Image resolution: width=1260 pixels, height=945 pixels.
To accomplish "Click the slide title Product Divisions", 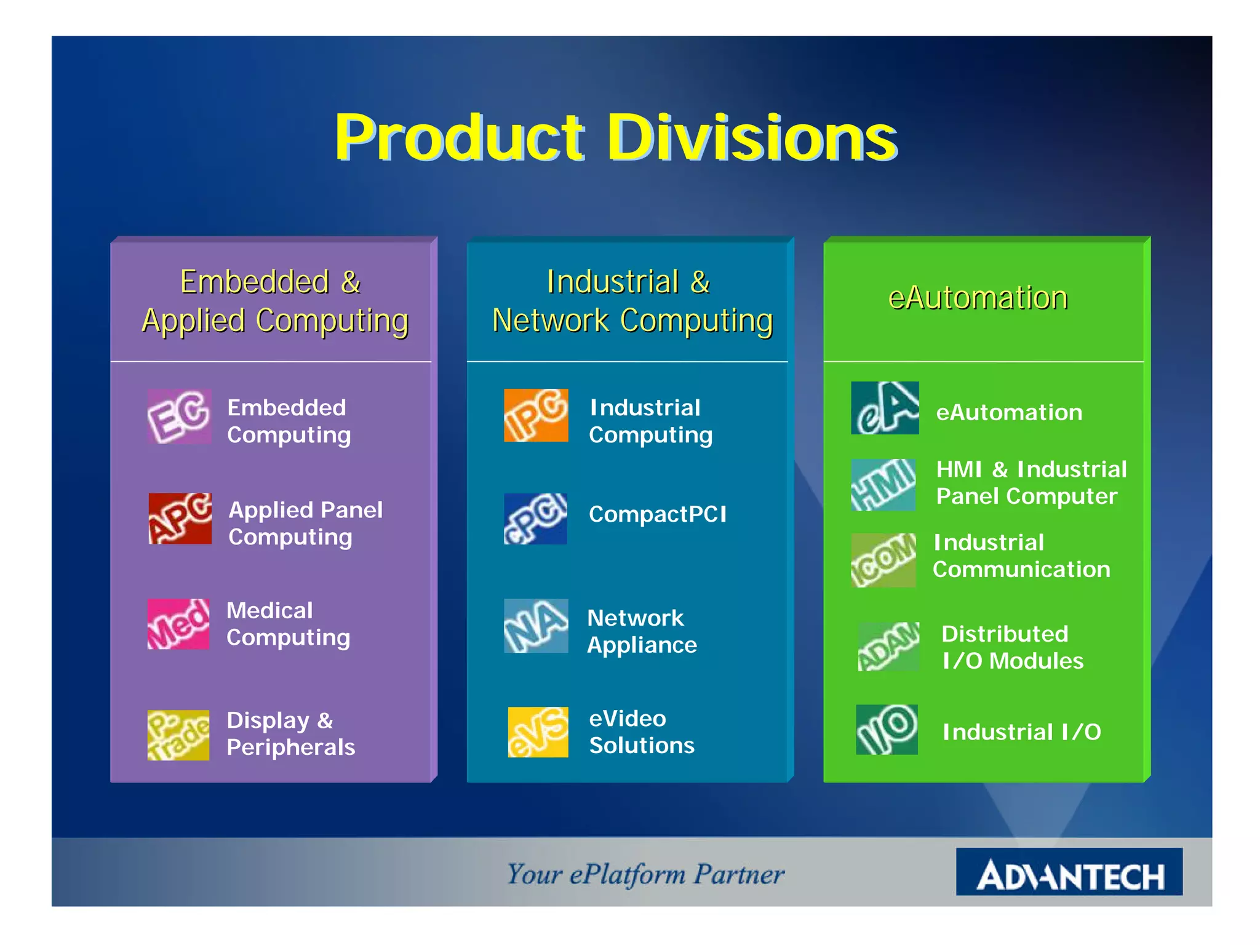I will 615,138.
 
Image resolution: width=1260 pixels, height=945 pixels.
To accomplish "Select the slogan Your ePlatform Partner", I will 645,874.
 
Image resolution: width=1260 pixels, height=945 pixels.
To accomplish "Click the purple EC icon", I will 179,417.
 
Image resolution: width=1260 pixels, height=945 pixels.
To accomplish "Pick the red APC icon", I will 180,518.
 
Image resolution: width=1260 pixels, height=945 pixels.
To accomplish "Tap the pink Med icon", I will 178,624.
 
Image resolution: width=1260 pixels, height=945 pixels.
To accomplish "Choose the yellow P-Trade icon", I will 178,735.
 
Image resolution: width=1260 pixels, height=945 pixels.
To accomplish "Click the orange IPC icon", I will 536,415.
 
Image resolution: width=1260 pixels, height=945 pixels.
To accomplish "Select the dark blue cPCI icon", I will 535,519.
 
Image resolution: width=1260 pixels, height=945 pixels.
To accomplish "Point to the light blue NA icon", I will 536,626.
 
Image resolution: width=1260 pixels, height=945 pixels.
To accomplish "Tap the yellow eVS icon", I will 538,732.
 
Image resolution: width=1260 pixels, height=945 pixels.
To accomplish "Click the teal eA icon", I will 885,408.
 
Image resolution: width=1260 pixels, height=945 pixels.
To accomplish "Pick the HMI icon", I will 883,485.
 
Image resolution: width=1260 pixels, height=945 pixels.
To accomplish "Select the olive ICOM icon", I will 883,560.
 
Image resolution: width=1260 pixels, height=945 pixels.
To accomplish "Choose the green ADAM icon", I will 888,647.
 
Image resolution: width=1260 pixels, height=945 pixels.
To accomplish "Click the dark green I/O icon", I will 887,730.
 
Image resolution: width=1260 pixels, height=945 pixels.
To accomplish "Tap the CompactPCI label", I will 657,514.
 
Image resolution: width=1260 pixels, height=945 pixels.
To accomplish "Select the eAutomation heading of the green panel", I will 978,298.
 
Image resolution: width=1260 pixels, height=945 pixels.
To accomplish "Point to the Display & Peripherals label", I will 290,733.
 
